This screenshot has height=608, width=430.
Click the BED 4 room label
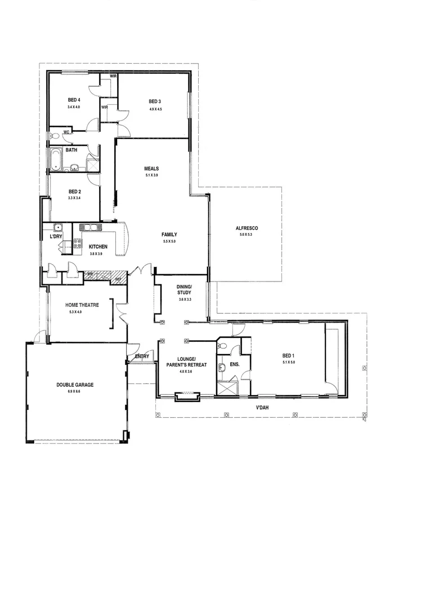coord(74,100)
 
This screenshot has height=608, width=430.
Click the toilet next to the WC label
coord(55,136)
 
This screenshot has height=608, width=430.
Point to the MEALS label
coord(151,168)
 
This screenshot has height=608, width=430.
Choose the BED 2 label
coord(74,191)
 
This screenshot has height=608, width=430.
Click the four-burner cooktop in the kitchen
coord(77,244)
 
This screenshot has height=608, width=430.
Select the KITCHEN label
coord(98,247)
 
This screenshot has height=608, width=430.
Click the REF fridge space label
coord(118,279)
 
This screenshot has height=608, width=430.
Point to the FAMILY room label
coord(169,234)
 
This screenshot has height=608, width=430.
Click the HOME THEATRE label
coord(82,305)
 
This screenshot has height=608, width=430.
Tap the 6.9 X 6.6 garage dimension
coord(75,391)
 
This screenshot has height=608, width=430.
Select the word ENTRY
coord(142,357)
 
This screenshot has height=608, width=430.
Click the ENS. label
coord(234,364)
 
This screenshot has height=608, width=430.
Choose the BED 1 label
coord(288,355)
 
